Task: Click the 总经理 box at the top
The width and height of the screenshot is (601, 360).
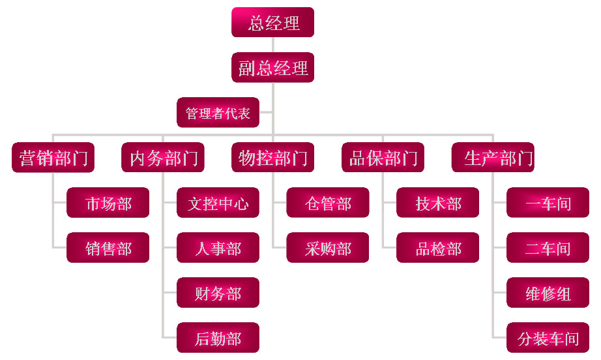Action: pyautogui.click(x=272, y=22)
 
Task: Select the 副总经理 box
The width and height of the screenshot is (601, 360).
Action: pyautogui.click(x=272, y=67)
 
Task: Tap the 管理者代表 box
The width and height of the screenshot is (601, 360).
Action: pyautogui.click(x=218, y=112)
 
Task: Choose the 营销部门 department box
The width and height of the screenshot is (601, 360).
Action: pyautogui.click(x=53, y=157)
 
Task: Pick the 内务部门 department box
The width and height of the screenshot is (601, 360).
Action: pyautogui.click(x=163, y=157)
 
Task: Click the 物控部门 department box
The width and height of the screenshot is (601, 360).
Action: pyautogui.click(x=272, y=157)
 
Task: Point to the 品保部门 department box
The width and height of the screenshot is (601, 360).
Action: pyautogui.click(x=383, y=157)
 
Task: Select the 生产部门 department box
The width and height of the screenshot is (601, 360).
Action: pyautogui.click(x=493, y=157)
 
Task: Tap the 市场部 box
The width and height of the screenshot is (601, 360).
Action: pyautogui.click(x=108, y=203)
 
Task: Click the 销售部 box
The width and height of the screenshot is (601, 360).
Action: pyautogui.click(x=108, y=248)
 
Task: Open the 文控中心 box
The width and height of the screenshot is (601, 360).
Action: pyautogui.click(x=218, y=203)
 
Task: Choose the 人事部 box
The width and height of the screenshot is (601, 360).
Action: pyautogui.click(x=218, y=248)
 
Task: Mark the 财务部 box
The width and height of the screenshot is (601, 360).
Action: pyautogui.click(x=218, y=293)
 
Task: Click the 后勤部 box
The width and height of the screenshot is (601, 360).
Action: pyautogui.click(x=218, y=338)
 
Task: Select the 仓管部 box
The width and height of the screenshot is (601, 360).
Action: pyautogui.click(x=328, y=203)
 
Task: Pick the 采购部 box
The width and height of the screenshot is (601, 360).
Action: pyautogui.click(x=328, y=248)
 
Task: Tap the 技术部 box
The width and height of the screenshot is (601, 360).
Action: pyautogui.click(x=438, y=203)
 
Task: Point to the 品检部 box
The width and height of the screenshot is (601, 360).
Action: pyautogui.click(x=438, y=248)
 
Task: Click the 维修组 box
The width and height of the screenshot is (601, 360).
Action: pyautogui.click(x=548, y=293)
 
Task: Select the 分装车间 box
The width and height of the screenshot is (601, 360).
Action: pyautogui.click(x=548, y=338)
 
